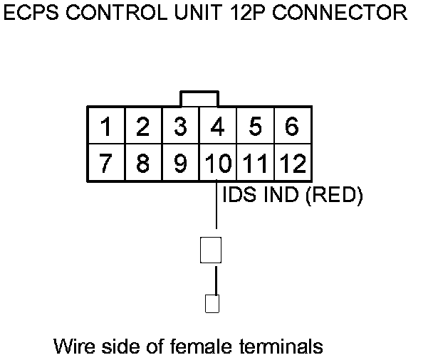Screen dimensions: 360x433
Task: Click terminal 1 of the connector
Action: [x=106, y=127]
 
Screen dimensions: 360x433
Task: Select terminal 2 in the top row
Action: [x=143, y=127]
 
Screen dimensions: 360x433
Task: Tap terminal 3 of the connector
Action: [x=181, y=127]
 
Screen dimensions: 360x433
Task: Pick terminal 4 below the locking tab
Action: [x=218, y=127]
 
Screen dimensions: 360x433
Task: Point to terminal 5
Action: [x=255, y=127]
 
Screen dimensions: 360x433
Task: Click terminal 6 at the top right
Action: [x=291, y=127]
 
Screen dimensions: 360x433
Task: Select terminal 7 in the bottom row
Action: [x=106, y=163]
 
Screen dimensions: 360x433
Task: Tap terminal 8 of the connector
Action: [x=143, y=163]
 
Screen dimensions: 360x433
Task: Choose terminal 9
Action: [x=181, y=163]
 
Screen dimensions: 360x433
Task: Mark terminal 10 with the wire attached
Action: [x=217, y=163]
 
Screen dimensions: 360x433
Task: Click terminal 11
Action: [x=255, y=163]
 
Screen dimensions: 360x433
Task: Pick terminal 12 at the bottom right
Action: [x=291, y=163]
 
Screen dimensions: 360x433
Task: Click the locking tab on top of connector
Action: [x=199, y=98]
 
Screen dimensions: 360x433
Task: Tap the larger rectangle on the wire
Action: [x=212, y=250]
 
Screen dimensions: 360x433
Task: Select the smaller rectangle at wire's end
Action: [x=212, y=304]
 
